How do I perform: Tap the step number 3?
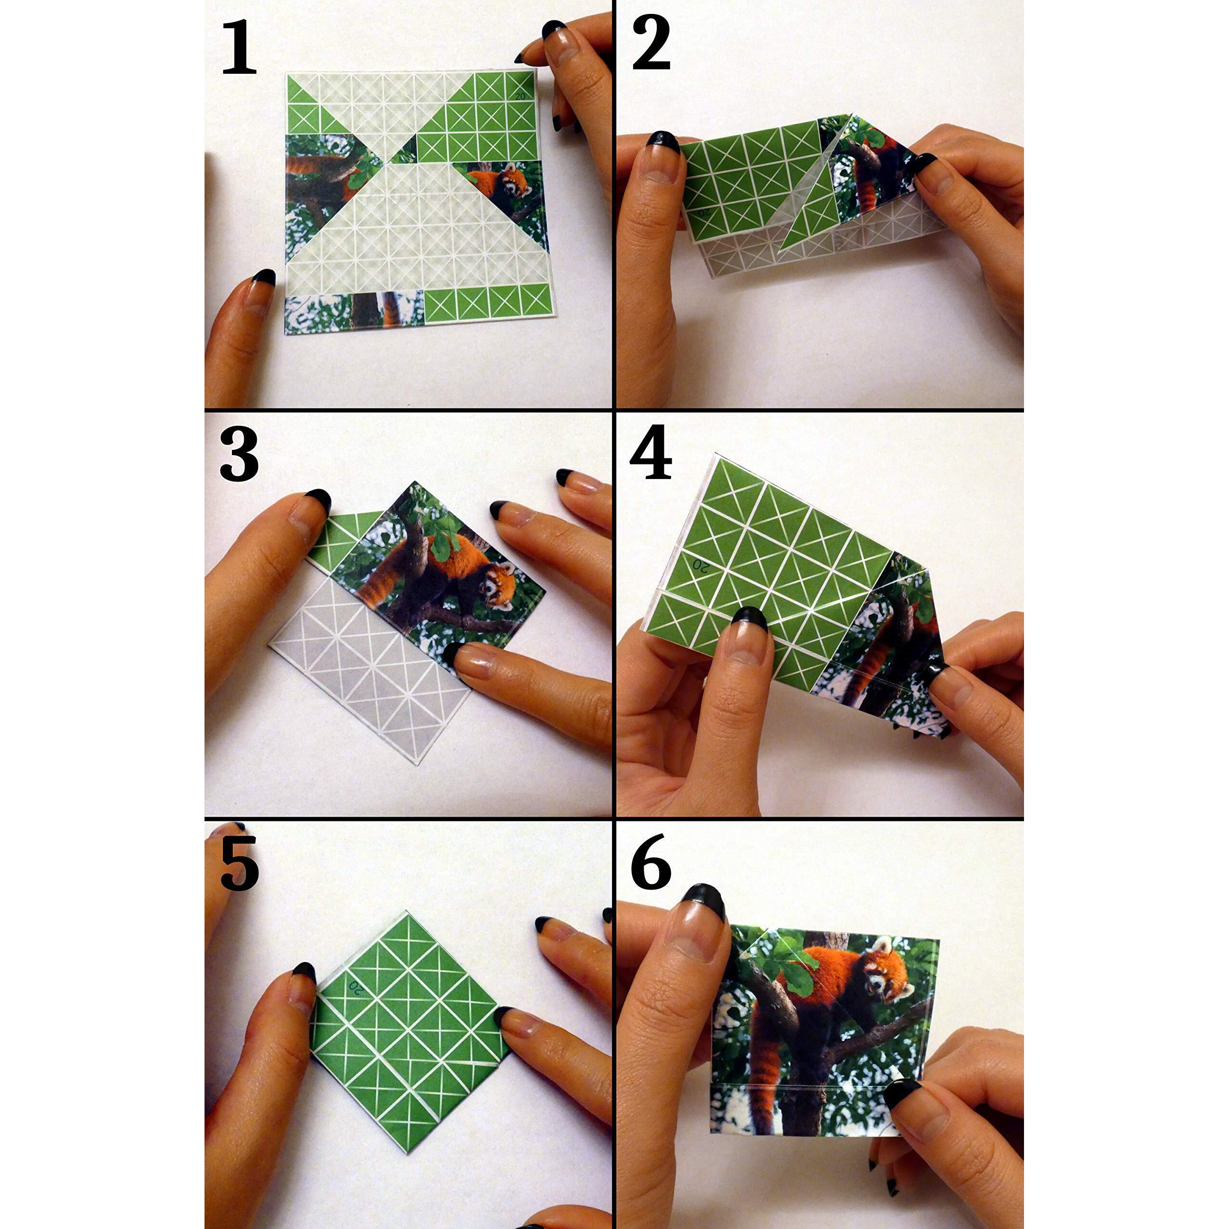[x=239, y=454]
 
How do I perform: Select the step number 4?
[x=650, y=453]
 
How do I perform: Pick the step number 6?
[x=650, y=863]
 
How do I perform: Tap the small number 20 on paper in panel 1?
[x=520, y=96]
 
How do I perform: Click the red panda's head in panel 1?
[x=512, y=181]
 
